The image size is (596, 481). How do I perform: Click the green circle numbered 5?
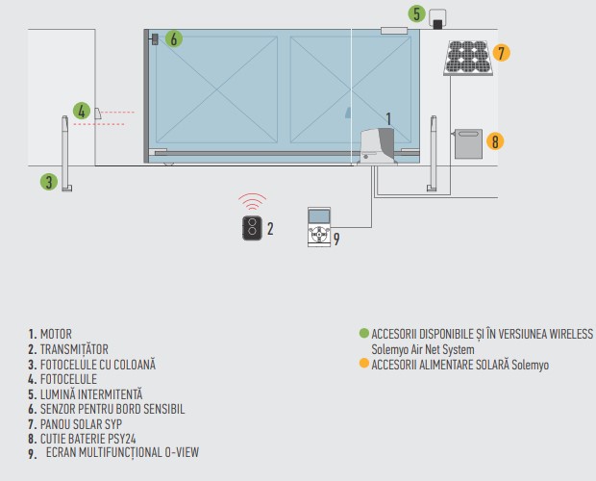click(416, 14)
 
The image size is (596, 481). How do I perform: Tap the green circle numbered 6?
click(174, 38)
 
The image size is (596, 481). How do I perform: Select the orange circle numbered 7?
click(502, 53)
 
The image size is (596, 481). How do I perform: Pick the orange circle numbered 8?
click(495, 141)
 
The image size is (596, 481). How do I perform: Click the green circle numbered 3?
click(49, 182)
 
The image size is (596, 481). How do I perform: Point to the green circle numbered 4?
click(82, 112)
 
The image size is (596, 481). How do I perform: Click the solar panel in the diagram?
click(468, 58)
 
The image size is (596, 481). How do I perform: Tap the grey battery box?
click(468, 143)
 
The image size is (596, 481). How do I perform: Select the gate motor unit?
click(377, 147)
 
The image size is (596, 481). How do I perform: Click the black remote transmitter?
click(252, 228)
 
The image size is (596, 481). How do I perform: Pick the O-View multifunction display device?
click(319, 227)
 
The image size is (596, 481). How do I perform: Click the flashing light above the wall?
click(437, 19)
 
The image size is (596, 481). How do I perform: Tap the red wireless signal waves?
click(252, 201)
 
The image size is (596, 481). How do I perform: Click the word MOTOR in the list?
click(56, 334)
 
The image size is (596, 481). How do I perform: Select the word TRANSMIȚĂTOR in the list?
click(74, 349)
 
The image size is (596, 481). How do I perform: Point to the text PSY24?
click(122, 439)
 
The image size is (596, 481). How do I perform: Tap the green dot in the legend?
click(364, 333)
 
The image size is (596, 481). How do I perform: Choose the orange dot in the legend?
click(364, 363)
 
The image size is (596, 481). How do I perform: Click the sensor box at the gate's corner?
click(155, 39)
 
